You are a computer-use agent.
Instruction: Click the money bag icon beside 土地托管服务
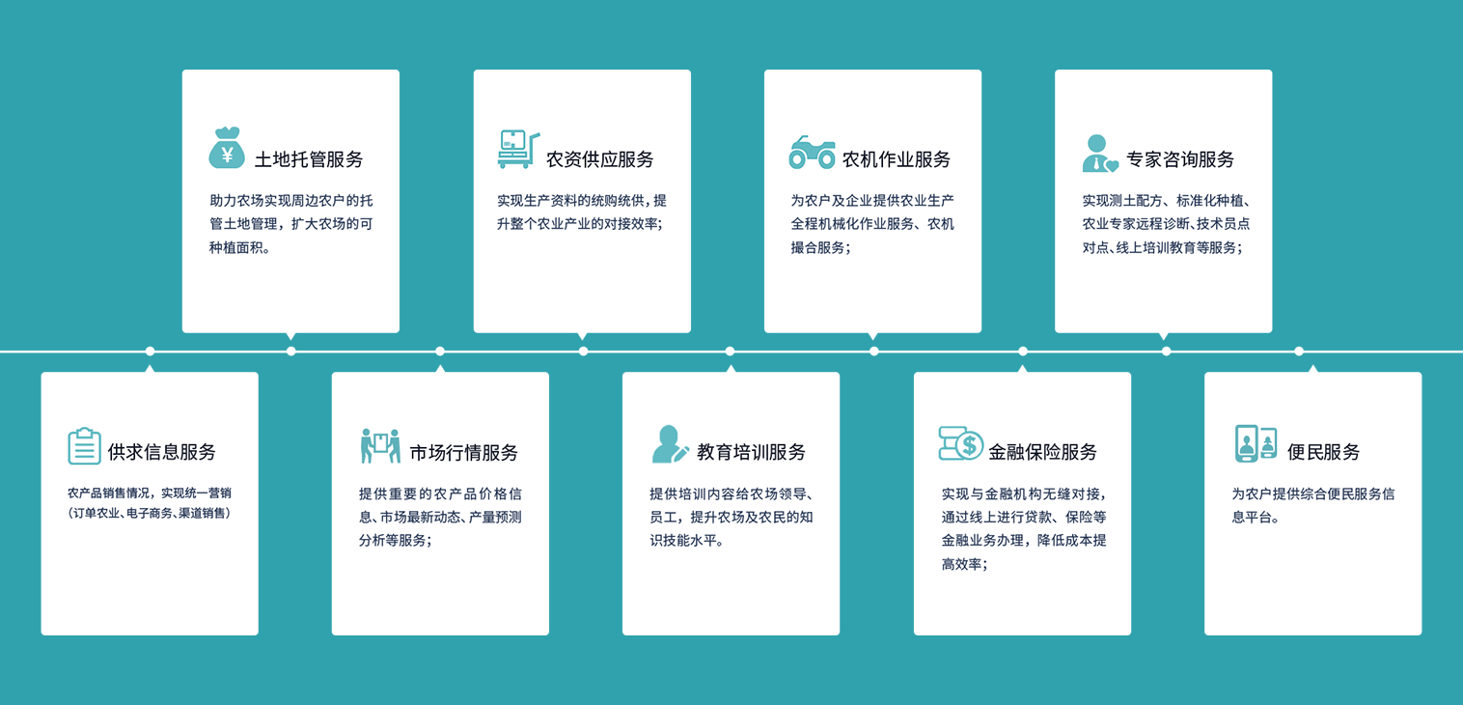click(x=227, y=148)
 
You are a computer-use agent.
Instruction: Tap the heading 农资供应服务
click(x=599, y=159)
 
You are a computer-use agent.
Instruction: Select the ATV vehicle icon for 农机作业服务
click(x=812, y=153)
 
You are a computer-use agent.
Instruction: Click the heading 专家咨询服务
click(x=1180, y=159)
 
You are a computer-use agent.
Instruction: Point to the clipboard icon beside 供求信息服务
click(x=84, y=445)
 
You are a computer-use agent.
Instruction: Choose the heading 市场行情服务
click(x=463, y=452)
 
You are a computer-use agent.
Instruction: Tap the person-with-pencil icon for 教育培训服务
click(x=670, y=444)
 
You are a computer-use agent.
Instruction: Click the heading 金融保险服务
click(x=1042, y=452)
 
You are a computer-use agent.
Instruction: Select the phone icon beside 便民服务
click(x=1256, y=443)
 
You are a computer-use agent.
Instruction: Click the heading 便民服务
click(x=1323, y=452)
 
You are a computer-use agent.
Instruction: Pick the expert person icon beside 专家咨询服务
click(x=1099, y=154)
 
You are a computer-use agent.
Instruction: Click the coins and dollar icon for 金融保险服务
click(x=960, y=443)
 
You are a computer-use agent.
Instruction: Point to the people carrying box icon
click(x=380, y=445)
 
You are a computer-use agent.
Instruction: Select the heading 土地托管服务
click(x=309, y=159)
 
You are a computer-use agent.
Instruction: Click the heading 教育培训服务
click(x=751, y=452)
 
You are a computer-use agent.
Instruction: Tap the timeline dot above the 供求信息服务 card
click(x=150, y=352)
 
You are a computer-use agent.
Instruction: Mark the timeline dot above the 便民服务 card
click(x=1299, y=352)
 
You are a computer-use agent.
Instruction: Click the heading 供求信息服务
click(x=161, y=452)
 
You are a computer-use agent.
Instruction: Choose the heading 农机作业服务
click(x=897, y=159)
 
